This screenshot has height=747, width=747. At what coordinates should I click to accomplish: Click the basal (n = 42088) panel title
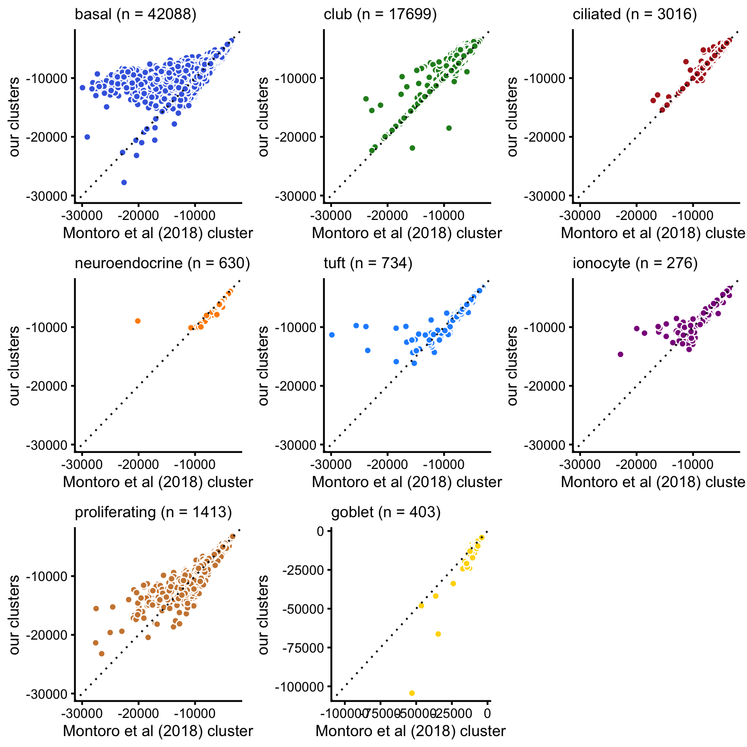tap(135, 15)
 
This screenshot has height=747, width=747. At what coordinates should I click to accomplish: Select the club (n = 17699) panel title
tap(380, 15)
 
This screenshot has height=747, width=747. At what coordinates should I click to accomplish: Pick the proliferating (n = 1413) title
tap(153, 513)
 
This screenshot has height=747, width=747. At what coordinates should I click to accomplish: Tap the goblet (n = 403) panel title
tap(385, 513)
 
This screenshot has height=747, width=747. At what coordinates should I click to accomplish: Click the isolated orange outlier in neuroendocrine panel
tap(137, 321)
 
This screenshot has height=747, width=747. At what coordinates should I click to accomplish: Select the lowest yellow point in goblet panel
tap(412, 693)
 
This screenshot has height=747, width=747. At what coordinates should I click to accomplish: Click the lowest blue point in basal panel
tap(124, 182)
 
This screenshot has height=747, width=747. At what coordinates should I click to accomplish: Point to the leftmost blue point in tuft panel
tap(332, 335)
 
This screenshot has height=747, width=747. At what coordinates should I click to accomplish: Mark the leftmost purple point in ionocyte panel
tap(620, 354)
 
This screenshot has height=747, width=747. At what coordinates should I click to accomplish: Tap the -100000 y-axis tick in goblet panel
tap(298, 686)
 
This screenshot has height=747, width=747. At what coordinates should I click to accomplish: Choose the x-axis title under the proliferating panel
tap(158, 731)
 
